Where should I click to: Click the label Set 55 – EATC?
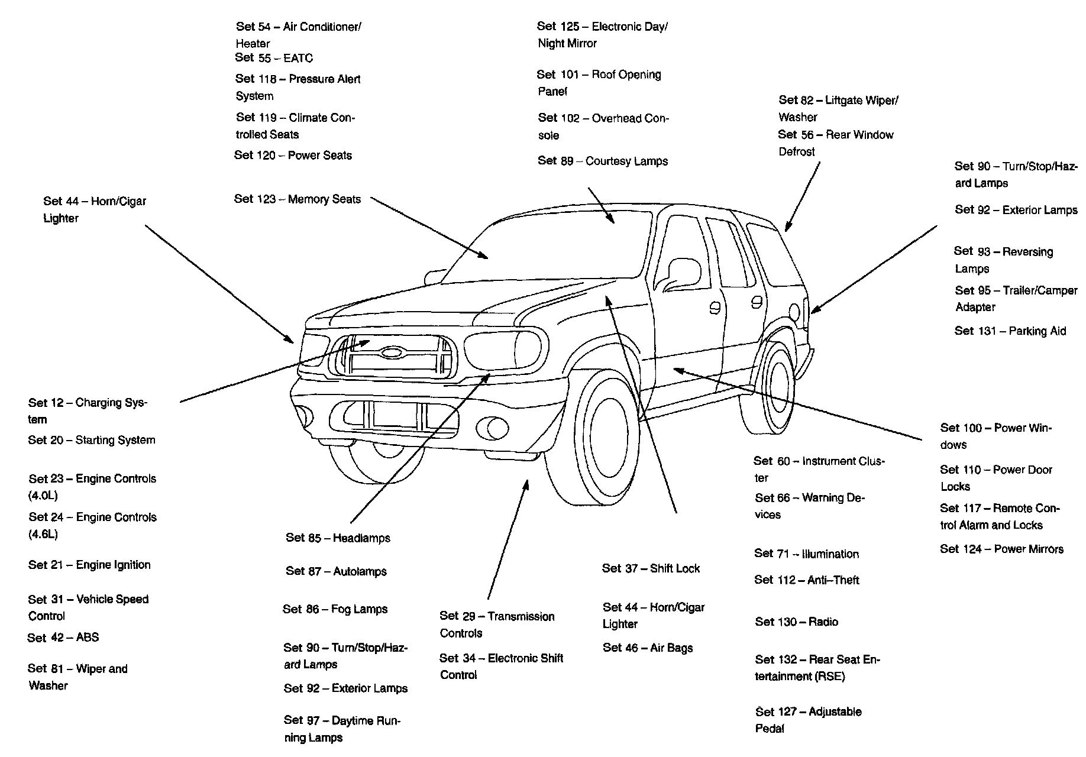[274, 58]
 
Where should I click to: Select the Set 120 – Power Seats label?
[293, 156]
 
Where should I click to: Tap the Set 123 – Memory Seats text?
[297, 199]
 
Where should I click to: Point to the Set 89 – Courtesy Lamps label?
[603, 161]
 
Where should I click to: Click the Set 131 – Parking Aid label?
[1010, 331]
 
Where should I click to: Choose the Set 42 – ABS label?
[63, 638]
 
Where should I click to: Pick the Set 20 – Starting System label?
[92, 440]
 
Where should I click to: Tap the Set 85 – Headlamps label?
[338, 538]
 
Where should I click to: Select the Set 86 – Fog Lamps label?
[335, 609]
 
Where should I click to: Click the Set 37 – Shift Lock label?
[651, 569]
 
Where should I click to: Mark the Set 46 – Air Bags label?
[648, 648]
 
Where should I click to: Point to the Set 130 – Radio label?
[796, 622]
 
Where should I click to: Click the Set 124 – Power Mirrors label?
[1001, 549]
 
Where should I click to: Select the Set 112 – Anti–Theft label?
[806, 580]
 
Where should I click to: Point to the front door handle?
[715, 308]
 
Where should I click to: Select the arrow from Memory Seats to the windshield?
[429, 228]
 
